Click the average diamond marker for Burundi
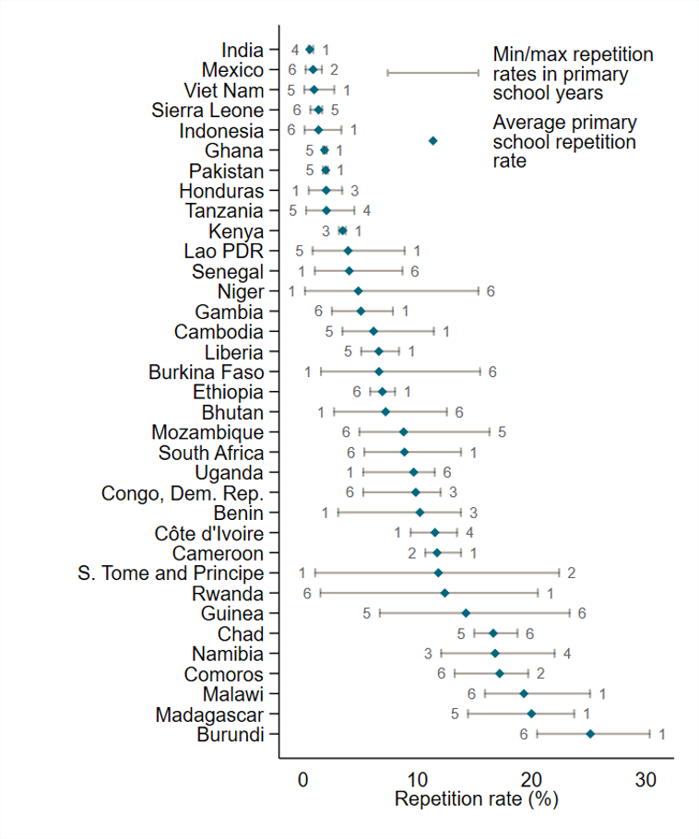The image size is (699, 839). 590,734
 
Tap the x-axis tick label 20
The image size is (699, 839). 531,778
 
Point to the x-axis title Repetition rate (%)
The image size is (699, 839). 477,799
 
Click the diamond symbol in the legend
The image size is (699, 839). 432,140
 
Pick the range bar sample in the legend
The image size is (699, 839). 432,72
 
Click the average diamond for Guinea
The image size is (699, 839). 466,613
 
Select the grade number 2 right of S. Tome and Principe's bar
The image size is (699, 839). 571,573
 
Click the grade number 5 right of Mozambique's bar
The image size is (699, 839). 503,431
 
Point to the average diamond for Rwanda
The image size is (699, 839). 444,593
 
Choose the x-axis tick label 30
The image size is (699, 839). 646,778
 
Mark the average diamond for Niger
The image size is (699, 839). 359,291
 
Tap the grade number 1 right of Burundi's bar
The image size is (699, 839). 661,735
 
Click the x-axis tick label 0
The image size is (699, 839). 302,778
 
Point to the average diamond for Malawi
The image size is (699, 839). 524,693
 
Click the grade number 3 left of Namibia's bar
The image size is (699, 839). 428,654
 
